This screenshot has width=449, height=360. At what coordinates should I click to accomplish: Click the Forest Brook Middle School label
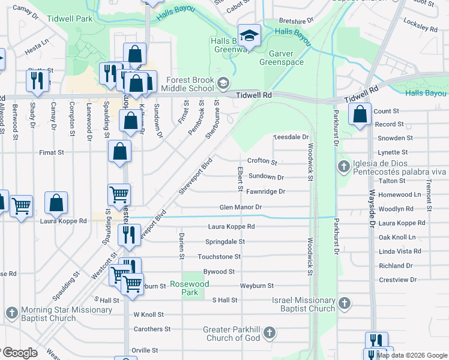[182, 85]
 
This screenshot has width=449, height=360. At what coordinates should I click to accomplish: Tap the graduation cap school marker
[249, 35]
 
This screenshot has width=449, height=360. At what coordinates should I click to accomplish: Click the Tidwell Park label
[76, 19]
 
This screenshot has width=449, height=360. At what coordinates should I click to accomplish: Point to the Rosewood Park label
[184, 289]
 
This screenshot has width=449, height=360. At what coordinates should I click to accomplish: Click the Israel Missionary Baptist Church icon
[344, 304]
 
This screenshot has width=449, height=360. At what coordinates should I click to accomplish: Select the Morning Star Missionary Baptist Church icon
[11, 313]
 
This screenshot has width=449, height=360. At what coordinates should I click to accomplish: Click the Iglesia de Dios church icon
[343, 166]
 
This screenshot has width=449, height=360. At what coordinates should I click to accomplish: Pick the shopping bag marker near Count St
[360, 115]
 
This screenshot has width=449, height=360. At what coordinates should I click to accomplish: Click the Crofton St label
[262, 161]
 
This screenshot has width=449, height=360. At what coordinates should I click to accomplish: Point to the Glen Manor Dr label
[241, 207]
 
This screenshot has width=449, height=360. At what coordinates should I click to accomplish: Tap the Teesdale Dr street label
[291, 137]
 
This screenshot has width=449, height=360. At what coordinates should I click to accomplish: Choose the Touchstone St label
[219, 256]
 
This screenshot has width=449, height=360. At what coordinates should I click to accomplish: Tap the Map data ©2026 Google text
[412, 355]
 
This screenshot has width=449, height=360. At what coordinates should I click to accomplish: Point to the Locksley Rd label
[421, 27]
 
